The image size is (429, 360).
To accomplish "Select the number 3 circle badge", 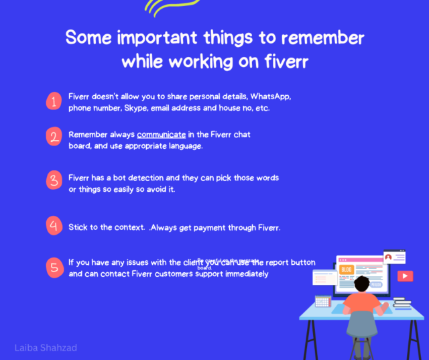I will click(54, 180).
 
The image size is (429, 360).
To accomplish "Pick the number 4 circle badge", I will click(54, 225).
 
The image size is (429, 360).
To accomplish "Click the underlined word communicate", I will click(161, 135).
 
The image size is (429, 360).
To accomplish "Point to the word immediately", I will click(243, 274).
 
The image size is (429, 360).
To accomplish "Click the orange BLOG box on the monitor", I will click(347, 269).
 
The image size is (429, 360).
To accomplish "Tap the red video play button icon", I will click(405, 276).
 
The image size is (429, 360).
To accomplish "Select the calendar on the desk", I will click(322, 301).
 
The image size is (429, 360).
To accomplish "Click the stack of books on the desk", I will click(402, 303).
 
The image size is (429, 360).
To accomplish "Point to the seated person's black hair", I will click(363, 282).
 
